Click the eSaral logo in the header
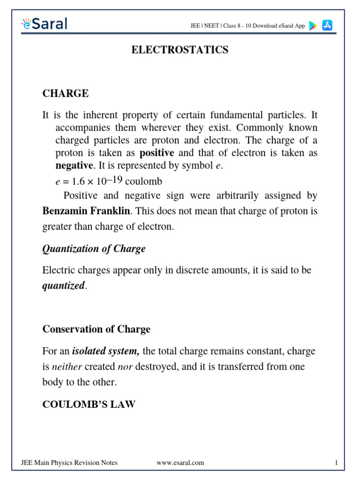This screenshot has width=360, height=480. [x=44, y=23]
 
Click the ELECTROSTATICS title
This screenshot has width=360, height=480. [x=180, y=50]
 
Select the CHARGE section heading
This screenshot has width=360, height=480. [x=65, y=93]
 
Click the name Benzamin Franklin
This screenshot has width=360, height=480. [x=86, y=211]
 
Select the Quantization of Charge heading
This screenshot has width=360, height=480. [x=94, y=249]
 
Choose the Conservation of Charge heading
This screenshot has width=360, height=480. [x=96, y=329]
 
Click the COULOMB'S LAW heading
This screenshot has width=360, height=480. [x=89, y=404]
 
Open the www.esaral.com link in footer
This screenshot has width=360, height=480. [x=180, y=463]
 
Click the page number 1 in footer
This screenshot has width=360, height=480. [x=336, y=463]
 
